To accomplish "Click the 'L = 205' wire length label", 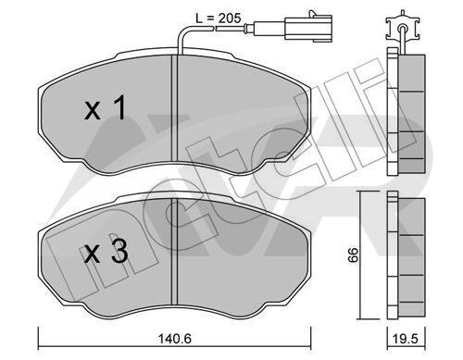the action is pos(219,19).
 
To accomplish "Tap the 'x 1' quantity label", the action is pos(106,107).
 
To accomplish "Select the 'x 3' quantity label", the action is pos(106,252).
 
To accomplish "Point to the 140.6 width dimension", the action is pos(175,339).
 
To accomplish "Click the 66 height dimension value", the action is pos(353,254).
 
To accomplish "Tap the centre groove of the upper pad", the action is pos(175,108).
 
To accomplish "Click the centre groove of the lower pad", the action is pos(175,253).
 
